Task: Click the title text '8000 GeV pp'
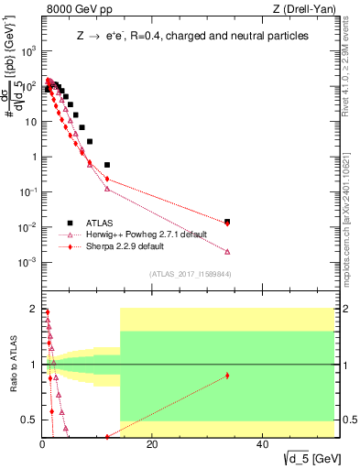71,10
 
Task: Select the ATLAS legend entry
102,223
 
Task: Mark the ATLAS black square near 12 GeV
107,165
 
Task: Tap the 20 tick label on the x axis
152,446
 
